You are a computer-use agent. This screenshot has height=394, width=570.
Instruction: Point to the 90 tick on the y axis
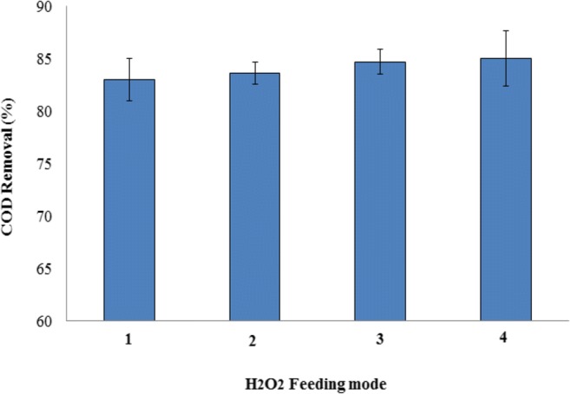51,8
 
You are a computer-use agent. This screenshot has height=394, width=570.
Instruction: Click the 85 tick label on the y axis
51,60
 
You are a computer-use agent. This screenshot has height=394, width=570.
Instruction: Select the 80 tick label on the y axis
51,112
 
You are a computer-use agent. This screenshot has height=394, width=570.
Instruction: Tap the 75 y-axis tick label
51,164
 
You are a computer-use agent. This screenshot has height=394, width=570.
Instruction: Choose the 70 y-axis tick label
51,217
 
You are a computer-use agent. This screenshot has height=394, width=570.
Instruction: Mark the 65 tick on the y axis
51,269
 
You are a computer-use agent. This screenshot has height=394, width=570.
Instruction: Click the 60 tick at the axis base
51,321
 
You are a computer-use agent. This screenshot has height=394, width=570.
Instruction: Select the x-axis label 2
254,341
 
